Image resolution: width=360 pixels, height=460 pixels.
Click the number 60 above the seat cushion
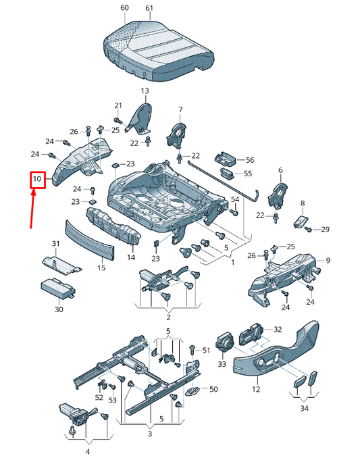(124, 7)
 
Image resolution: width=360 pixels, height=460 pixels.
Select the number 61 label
(149, 7)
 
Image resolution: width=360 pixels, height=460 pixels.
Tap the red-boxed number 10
(37, 180)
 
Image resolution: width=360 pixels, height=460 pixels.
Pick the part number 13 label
(145, 91)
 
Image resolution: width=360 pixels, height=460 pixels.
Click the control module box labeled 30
(58, 286)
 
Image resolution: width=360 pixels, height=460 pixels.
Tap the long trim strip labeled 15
(89, 240)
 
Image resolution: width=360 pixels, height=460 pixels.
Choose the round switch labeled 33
(224, 342)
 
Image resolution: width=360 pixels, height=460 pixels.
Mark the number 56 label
(250, 160)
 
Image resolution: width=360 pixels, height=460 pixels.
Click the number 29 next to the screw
(325, 230)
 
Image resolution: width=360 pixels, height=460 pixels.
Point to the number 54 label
(235, 199)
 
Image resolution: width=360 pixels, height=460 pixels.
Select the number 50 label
(213, 389)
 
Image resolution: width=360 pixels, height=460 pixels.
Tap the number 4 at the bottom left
(86, 451)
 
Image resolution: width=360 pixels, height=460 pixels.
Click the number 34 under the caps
(304, 409)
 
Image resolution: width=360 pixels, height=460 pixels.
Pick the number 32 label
(278, 330)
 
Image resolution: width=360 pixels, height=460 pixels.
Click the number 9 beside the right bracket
(328, 261)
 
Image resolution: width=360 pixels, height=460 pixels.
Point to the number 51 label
(206, 349)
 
